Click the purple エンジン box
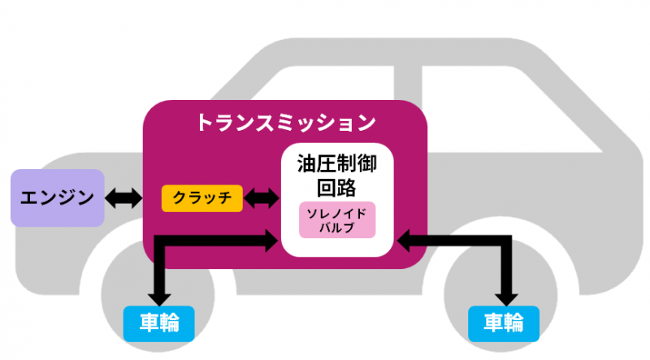point(57,197)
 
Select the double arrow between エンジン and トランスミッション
point(123,197)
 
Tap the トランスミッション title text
point(285,123)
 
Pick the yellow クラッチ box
point(202,198)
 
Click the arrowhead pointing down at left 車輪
point(159,295)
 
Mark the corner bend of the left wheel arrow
point(159,240)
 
